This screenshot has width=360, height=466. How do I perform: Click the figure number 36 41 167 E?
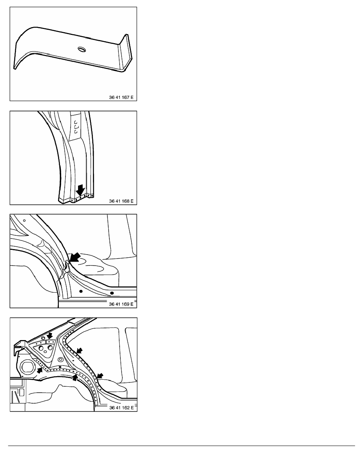click(121, 97)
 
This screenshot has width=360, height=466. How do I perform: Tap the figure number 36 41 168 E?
click(121, 201)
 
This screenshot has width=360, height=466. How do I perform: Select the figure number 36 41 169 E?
click(121, 304)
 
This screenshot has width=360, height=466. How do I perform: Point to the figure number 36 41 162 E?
click(121, 408)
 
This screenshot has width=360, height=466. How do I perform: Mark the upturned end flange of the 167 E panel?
click(125, 52)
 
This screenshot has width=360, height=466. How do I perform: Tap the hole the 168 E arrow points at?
click(80, 198)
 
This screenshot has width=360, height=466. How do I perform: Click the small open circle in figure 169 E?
click(24, 220)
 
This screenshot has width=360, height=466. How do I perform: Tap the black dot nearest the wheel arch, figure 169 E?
click(81, 291)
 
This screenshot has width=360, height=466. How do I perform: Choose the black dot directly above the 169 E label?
click(112, 293)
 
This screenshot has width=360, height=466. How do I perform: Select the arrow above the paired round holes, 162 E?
click(49, 335)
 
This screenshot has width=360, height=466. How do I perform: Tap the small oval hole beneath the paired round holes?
click(45, 351)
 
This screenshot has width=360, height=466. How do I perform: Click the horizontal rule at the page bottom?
click(182, 446)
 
